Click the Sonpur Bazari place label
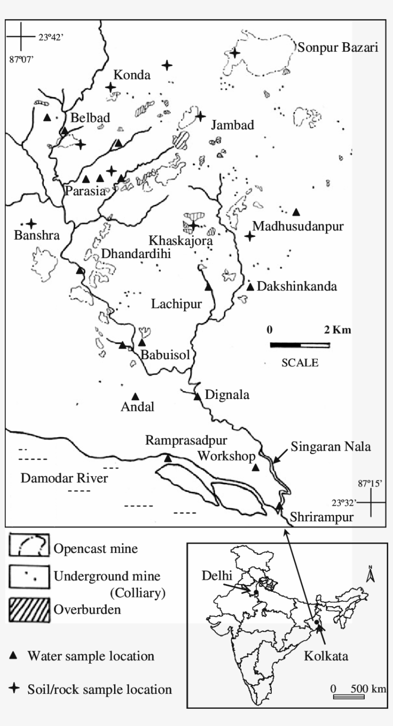pyautogui.click(x=338, y=47)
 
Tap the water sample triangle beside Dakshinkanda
pyautogui.click(x=250, y=287)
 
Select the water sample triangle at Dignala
pyautogui.click(x=197, y=396)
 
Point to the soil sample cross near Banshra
pyautogui.click(x=32, y=223)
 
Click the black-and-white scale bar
pyautogui.click(x=300, y=345)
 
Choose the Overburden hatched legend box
pyautogui.click(x=29, y=609)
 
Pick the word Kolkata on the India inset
pyautogui.click(x=326, y=656)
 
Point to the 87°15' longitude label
pyautogui.click(x=371, y=484)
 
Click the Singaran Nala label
pyautogui.click(x=330, y=447)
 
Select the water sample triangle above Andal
pyautogui.click(x=135, y=396)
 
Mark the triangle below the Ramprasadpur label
pyautogui.click(x=168, y=458)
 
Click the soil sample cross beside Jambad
pyautogui.click(x=200, y=116)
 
